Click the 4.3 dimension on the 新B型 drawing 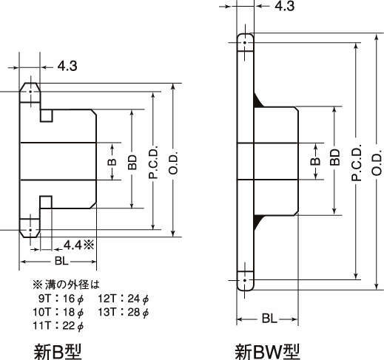tap(67, 66)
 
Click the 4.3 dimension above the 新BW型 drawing tap(284, 6)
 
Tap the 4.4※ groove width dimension tap(79, 245)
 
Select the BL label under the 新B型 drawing tap(61, 261)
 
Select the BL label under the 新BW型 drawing tap(269, 319)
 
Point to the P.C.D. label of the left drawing tap(154, 162)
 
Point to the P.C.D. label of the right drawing tap(357, 162)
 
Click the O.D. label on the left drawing tap(174, 163)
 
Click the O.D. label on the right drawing tap(377, 162)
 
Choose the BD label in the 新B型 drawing tap(132, 162)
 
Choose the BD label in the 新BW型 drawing tap(334, 157)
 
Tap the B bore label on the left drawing tap(112, 162)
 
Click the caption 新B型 tap(58, 352)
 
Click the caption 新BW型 tap(267, 352)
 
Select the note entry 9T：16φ tap(61, 299)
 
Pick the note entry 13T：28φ tap(124, 313)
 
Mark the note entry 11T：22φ tap(58, 326)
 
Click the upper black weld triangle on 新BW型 tap(257, 101)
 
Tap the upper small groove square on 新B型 tap(47, 116)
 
